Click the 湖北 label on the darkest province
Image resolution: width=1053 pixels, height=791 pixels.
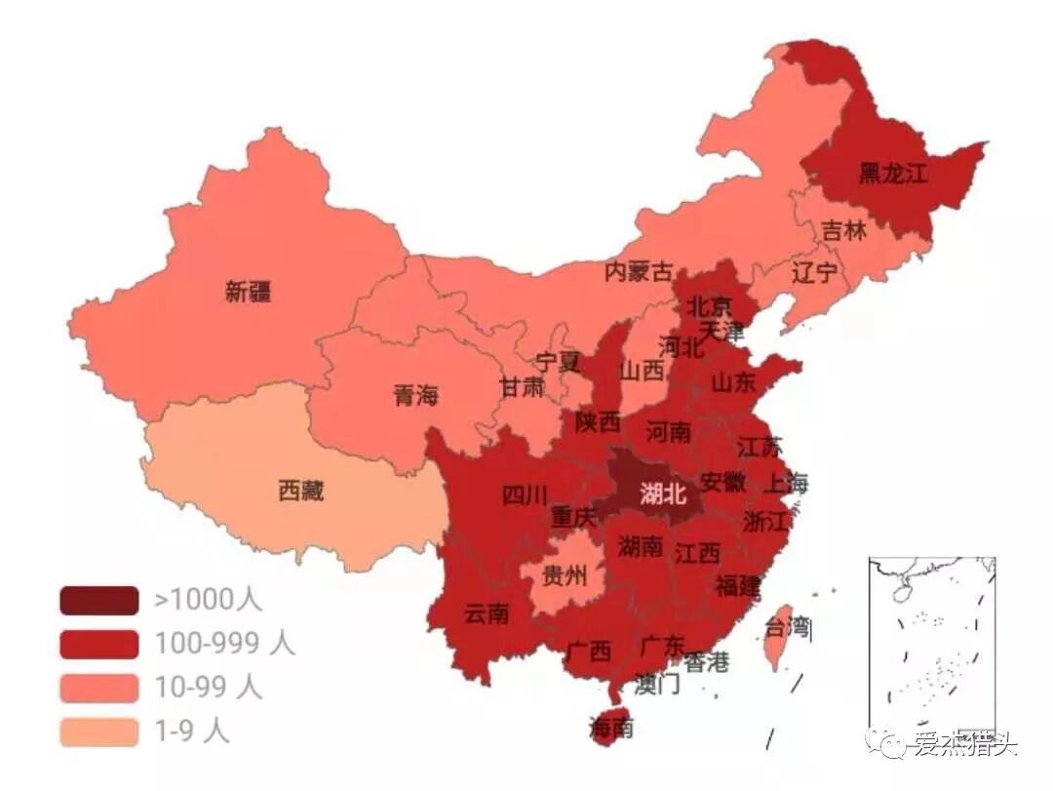pyautogui.click(x=663, y=494)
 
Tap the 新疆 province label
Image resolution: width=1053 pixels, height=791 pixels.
pyautogui.click(x=249, y=292)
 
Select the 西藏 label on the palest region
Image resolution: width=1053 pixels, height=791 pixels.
pyautogui.click(x=300, y=492)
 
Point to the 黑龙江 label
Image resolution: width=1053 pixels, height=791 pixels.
pyautogui.click(x=892, y=175)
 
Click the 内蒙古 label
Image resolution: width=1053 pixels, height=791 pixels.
pyautogui.click(x=639, y=271)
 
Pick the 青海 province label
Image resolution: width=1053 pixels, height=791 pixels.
pyautogui.click(x=415, y=395)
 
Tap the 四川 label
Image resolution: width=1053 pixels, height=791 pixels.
pyautogui.click(x=525, y=495)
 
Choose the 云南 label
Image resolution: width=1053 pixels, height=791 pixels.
pyautogui.click(x=486, y=613)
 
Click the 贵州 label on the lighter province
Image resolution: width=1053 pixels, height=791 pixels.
pyautogui.click(x=565, y=575)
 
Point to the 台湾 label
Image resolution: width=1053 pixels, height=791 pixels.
pyautogui.click(x=788, y=625)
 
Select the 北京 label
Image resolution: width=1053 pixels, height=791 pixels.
pyautogui.click(x=709, y=306)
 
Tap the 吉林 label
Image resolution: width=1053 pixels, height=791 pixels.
pyautogui.click(x=843, y=231)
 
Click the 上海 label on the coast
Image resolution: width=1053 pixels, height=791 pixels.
pyautogui.click(x=785, y=482)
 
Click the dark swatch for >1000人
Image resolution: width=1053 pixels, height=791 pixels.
pyautogui.click(x=98, y=600)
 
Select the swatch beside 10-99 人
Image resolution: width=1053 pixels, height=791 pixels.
pyautogui.click(x=98, y=688)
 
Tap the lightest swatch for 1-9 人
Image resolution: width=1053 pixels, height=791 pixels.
pyautogui.click(x=98, y=732)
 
